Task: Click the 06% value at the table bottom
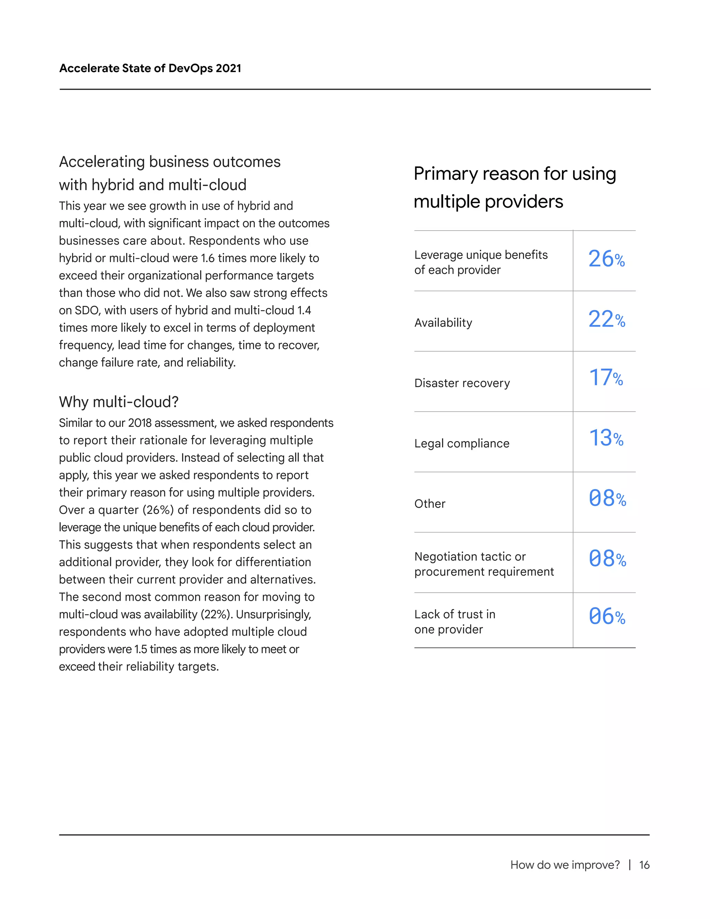tap(607, 617)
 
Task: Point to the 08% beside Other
tap(607, 499)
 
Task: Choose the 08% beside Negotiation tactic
tap(607, 559)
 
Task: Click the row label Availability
tap(443, 323)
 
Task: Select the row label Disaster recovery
tap(462, 383)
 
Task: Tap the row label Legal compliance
tap(461, 444)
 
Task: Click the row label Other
tap(430, 504)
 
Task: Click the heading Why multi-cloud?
tap(119, 402)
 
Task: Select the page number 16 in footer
tap(644, 865)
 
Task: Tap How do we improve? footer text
tap(564, 865)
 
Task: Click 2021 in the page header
tap(228, 68)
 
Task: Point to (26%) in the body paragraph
tap(158, 510)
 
